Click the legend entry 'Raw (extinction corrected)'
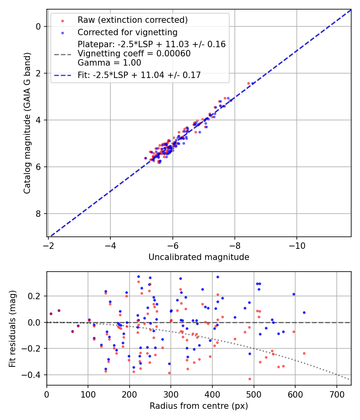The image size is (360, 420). [x=132, y=20]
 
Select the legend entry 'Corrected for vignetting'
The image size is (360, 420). [x=127, y=32]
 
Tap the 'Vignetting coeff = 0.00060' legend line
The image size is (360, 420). [x=134, y=53]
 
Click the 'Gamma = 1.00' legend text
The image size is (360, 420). [x=109, y=62]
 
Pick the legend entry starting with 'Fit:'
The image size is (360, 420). [x=139, y=75]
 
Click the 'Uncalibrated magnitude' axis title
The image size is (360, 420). [x=199, y=257]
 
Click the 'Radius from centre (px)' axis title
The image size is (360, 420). [x=199, y=406]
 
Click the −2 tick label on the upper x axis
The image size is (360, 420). [x=48, y=244]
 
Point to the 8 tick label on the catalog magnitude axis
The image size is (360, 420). [x=38, y=214]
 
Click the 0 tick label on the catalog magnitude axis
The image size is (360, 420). [x=38, y=26]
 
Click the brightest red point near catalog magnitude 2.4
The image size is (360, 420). [x=248, y=83]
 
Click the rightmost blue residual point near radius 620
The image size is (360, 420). [x=304, y=312]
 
